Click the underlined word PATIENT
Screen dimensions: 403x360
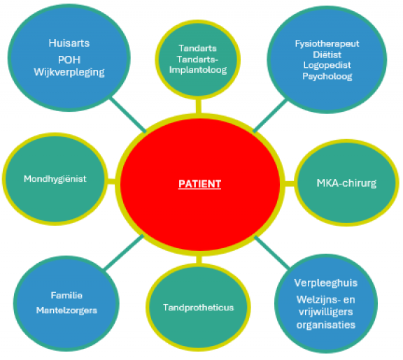tap(199, 184)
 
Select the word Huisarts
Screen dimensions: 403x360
tap(69, 43)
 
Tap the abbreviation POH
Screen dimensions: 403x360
tap(69, 60)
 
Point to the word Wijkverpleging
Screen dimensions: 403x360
tap(69, 72)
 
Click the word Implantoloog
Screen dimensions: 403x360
tap(198, 70)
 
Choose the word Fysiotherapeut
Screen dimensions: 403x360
tap(327, 44)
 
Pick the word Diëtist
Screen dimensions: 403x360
tap(327, 55)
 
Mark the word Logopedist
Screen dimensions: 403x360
tap(327, 65)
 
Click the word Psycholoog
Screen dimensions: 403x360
tap(327, 76)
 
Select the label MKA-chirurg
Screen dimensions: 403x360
tap(346, 183)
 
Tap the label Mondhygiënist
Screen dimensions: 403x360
tap(55, 179)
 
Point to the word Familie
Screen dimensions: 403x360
tap(66, 295)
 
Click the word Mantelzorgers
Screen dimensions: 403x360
tap(66, 310)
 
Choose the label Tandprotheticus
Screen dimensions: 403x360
tap(199, 308)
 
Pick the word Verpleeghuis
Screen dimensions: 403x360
tap(326, 282)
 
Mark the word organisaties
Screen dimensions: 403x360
tap(326, 325)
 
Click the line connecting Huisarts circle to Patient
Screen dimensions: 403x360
tap(128, 115)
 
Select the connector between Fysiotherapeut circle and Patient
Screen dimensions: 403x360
tap(270, 116)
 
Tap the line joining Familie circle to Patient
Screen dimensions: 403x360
tap(124, 252)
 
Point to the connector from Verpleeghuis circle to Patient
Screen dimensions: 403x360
tap(272, 252)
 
